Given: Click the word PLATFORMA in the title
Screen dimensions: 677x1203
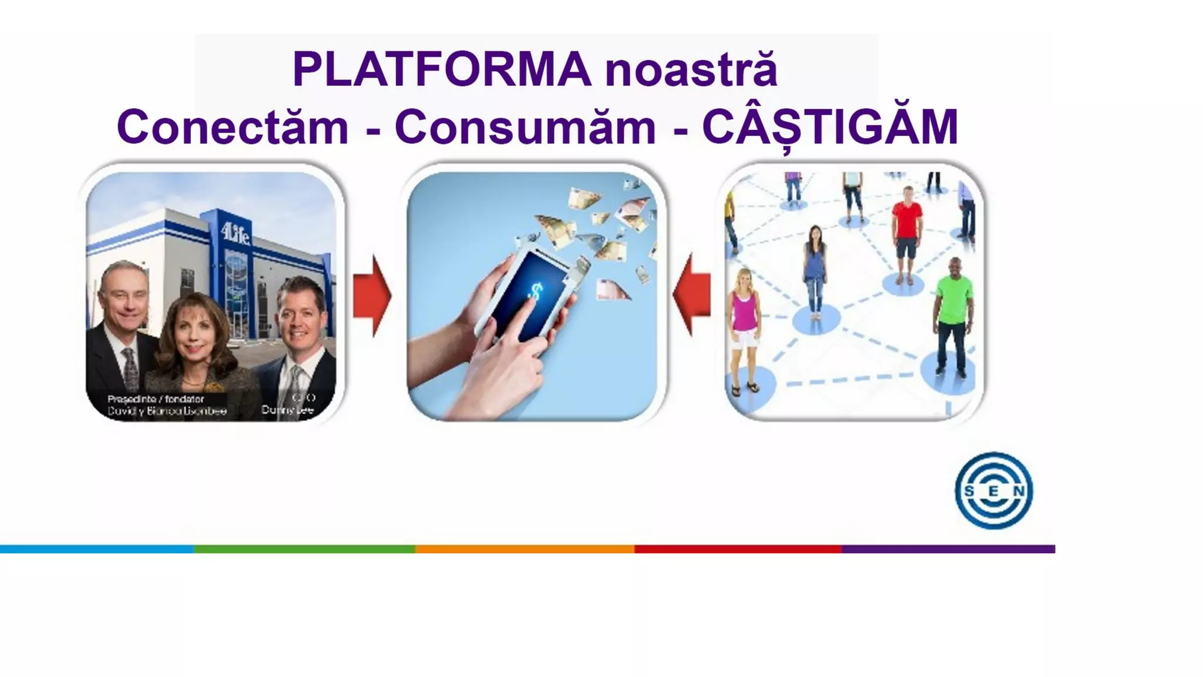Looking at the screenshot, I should (442, 69).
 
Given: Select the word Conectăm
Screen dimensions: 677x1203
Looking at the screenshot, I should (233, 127).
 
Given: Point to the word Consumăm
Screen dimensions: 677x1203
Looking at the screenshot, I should (525, 127).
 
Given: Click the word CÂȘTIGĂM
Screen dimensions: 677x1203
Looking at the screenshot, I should (830, 127).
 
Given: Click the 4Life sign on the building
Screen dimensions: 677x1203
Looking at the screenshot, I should (236, 234).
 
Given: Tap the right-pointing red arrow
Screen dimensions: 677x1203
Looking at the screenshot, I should (372, 296).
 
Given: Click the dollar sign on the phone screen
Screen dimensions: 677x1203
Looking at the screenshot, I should (535, 290).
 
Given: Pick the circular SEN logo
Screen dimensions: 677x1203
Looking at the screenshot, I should (993, 490).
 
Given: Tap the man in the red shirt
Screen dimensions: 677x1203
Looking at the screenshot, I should (907, 232).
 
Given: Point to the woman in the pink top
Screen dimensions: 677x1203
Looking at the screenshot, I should (744, 326).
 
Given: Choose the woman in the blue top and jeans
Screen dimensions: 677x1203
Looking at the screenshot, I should (815, 270).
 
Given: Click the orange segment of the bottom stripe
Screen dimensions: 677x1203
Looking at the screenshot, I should (525, 549).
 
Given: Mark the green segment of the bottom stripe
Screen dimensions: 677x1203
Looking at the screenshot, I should (304, 549).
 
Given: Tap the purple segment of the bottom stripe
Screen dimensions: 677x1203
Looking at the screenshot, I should (948, 549).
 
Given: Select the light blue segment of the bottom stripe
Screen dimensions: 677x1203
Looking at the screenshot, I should (97, 549).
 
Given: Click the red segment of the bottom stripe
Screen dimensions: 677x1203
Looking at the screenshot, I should (738, 549).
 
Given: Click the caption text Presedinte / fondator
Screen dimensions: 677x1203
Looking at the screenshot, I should (156, 399).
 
